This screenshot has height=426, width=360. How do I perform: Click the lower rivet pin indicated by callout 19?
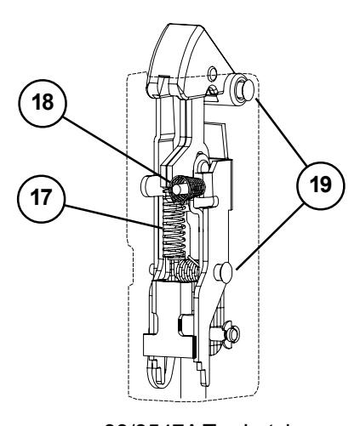click(225, 272)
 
